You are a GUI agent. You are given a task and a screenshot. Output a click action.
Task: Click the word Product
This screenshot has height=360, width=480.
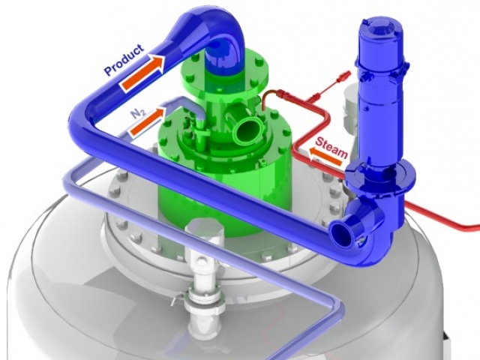[x=124, y=60]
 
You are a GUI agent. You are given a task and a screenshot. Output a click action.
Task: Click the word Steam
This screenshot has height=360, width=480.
[x=331, y=147]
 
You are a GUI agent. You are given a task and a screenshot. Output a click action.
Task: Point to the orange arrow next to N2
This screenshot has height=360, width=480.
[x=148, y=122]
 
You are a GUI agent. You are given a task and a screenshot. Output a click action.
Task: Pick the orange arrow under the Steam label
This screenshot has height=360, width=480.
[x=325, y=157]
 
